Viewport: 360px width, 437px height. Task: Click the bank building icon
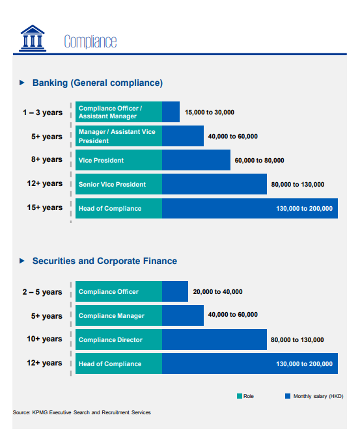coord(33,38)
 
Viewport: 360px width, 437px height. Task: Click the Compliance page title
coord(90,42)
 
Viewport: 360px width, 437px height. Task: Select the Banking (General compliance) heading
coord(98,83)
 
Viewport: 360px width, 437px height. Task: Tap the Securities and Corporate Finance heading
coord(105,261)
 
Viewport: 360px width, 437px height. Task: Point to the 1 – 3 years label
coord(43,113)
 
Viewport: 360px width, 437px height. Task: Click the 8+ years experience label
coord(47,159)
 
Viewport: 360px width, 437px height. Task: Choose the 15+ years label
coord(45,207)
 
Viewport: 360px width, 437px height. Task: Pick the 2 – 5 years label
coord(42,292)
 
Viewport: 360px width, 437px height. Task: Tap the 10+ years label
coord(44,339)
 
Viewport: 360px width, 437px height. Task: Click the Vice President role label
coord(101,160)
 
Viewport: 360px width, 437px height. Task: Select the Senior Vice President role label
coord(112,185)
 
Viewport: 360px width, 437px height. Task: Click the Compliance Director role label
coord(111,339)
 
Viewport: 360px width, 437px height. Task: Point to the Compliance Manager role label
coord(111,316)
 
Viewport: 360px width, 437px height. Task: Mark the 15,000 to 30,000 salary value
coord(210,113)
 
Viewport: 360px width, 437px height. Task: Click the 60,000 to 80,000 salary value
coord(259,161)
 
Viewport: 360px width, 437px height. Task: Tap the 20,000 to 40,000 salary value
coord(217,292)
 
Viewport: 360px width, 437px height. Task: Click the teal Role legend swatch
coord(240,396)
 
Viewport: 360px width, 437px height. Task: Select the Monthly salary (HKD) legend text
coord(318,396)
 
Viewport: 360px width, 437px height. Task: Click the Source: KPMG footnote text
coord(82,412)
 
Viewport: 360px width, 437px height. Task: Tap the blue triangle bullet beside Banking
coord(22,83)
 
